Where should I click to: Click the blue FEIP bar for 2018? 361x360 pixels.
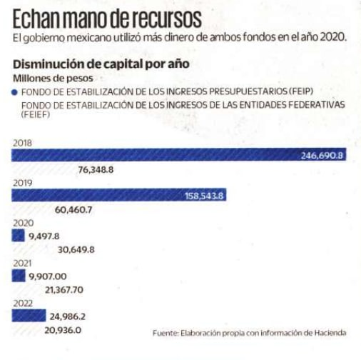pyautogui.click(x=179, y=154)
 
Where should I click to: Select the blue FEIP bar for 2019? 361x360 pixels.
pyautogui.click(x=119, y=195)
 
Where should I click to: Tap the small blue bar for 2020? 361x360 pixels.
pyautogui.click(x=18, y=235)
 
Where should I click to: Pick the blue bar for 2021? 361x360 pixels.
pyautogui.click(x=19, y=276)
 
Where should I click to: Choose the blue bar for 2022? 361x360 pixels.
pyautogui.click(x=29, y=316)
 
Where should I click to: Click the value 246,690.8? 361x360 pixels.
pyautogui.click(x=322, y=156)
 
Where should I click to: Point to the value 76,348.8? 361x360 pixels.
pyautogui.click(x=96, y=170)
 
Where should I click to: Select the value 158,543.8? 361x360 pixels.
pyautogui.click(x=204, y=196)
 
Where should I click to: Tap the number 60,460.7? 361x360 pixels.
pyautogui.click(x=73, y=210)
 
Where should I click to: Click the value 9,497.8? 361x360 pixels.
pyautogui.click(x=44, y=236)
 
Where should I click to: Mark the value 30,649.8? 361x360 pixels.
pyautogui.click(x=76, y=250)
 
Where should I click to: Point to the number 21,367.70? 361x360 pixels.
pyautogui.click(x=64, y=290)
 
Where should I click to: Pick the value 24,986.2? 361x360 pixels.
pyautogui.click(x=68, y=316)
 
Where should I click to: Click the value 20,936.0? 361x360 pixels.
pyautogui.click(x=63, y=330)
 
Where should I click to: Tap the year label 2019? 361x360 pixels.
pyautogui.click(x=23, y=183)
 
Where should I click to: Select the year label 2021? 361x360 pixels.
pyautogui.click(x=22, y=264)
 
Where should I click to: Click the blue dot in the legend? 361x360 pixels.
pyautogui.click(x=14, y=92)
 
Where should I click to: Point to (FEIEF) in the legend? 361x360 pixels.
pyautogui.click(x=36, y=115)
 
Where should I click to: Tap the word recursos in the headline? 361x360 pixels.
pyautogui.click(x=166, y=19)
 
